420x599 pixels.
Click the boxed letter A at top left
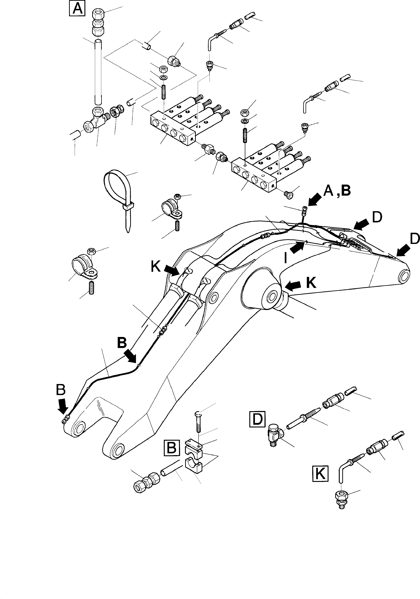tap(77, 9)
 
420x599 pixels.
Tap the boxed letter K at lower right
tap(320, 474)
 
